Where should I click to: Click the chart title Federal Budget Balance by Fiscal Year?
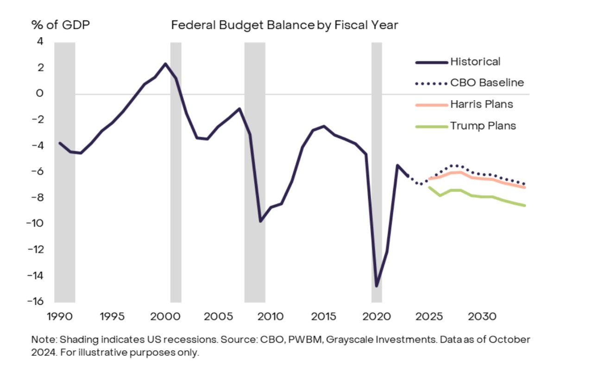coord(284,25)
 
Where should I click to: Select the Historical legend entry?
coord(475,62)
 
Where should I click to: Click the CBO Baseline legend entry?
coord(487,83)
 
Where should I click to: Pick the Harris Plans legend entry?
coord(481,104)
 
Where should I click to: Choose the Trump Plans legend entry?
coord(483,126)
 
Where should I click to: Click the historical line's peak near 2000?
coord(165,64)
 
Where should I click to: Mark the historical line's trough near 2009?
coord(260,221)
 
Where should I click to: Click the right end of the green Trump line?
coord(525,205)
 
